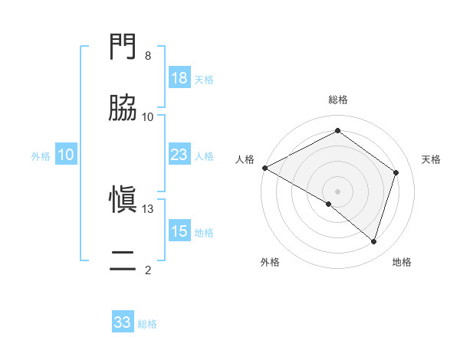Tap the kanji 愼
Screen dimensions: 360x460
point(123,200)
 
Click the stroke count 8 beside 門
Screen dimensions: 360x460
point(147,56)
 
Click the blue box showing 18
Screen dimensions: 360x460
point(179,78)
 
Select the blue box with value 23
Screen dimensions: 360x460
point(179,155)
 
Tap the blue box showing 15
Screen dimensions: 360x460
point(179,231)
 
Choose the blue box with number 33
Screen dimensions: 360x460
point(123,322)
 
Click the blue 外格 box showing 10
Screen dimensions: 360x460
point(66,155)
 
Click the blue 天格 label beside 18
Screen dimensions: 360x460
point(204,79)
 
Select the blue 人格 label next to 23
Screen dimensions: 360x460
point(204,155)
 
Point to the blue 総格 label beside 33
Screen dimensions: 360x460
point(147,323)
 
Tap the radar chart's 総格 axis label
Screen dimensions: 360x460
point(337,100)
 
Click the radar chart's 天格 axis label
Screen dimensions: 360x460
point(432,159)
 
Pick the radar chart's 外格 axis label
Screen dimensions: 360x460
point(270,262)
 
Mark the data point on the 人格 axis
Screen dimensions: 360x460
point(264,167)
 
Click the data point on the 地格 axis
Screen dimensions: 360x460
point(373,242)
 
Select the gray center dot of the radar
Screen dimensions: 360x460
point(337,191)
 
